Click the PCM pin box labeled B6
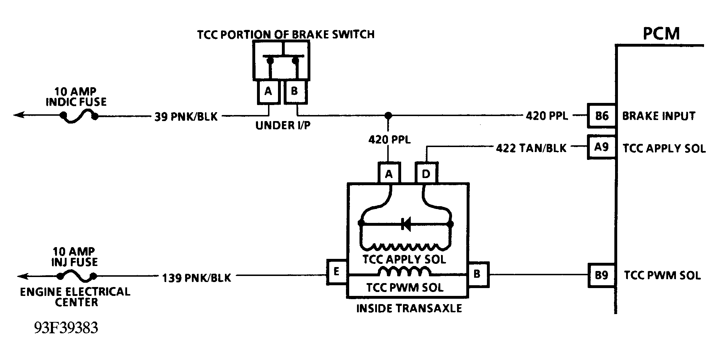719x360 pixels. coord(601,116)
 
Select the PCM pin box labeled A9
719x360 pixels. coord(601,147)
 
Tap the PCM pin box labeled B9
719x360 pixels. coord(601,275)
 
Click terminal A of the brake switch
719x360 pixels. coord(268,92)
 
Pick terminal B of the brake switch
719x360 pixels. coord(294,92)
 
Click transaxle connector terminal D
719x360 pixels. coord(426,174)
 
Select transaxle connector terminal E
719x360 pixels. coord(336,272)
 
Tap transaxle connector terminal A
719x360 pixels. coord(389,174)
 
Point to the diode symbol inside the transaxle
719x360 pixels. coord(406,224)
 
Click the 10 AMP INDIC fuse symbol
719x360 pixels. coord(79,116)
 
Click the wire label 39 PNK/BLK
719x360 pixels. coord(186,117)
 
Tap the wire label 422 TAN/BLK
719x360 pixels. coord(531,148)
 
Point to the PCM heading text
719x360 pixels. coord(661,34)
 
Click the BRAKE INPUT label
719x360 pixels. coord(658,116)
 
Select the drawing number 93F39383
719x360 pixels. coord(66,328)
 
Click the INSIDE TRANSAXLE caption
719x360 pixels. coord(409,308)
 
